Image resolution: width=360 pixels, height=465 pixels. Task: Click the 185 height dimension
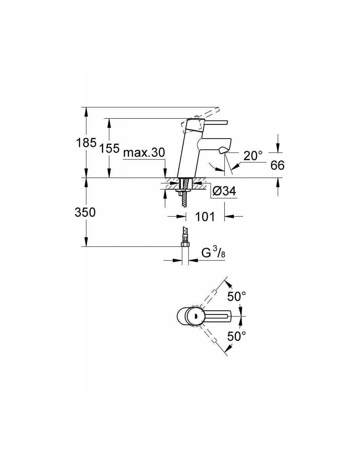tap(86, 143)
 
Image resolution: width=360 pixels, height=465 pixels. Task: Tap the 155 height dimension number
tap(109, 148)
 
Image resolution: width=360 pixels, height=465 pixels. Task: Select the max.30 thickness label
tap(144, 153)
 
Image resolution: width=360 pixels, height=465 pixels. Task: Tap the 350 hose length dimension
tap(85, 213)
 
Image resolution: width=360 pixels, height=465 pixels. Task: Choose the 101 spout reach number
tap(205, 216)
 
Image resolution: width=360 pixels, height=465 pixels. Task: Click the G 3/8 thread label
tap(213, 254)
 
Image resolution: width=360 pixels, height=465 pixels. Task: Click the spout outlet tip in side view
tap(223, 150)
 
